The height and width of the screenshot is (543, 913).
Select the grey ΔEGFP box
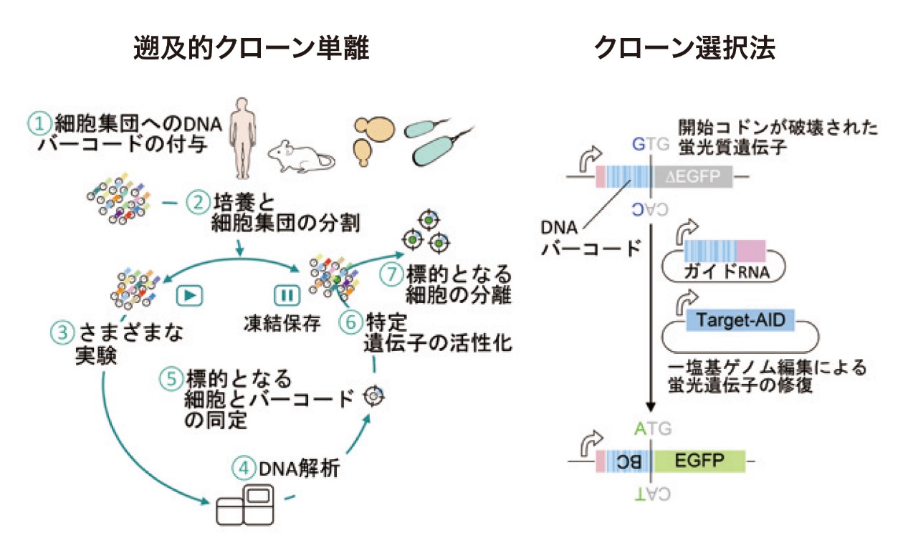(x=693, y=176)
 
